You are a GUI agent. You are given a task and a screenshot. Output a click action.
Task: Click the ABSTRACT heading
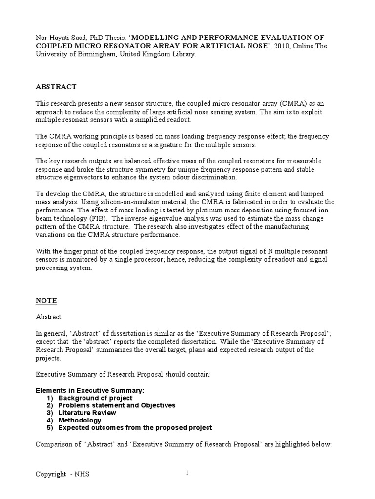click(x=56, y=87)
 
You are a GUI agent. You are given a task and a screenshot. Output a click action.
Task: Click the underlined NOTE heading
click(x=46, y=301)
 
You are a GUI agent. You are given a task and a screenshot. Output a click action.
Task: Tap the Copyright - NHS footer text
click(x=62, y=474)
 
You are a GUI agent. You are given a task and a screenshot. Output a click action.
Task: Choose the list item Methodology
click(x=80, y=420)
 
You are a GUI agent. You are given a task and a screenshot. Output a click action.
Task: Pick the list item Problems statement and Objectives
click(x=117, y=405)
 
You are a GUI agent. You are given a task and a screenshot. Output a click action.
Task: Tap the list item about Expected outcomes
click(x=135, y=427)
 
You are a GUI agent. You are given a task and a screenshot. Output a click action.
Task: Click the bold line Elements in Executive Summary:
click(x=91, y=391)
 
